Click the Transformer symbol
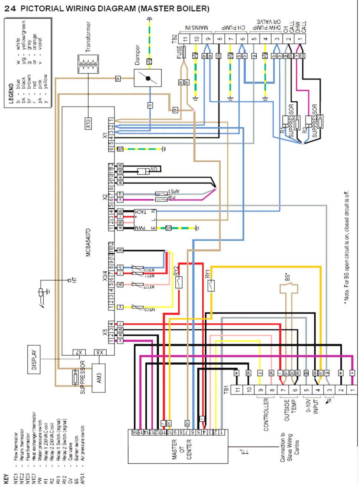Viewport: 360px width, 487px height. (x=88, y=64)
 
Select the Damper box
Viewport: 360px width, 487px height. (x=148, y=78)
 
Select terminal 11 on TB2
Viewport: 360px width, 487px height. (x=185, y=38)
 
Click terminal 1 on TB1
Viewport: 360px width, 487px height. (x=353, y=389)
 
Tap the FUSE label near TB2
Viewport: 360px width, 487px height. (x=179, y=52)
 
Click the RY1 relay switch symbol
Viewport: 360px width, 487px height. (x=211, y=286)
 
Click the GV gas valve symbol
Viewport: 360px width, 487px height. (x=143, y=171)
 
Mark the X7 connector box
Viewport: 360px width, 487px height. (x=79, y=352)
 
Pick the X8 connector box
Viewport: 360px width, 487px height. (x=100, y=352)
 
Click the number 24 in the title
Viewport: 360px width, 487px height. (x=10, y=9)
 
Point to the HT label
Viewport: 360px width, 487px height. (x=75, y=280)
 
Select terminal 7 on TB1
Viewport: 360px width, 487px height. (x=284, y=389)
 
